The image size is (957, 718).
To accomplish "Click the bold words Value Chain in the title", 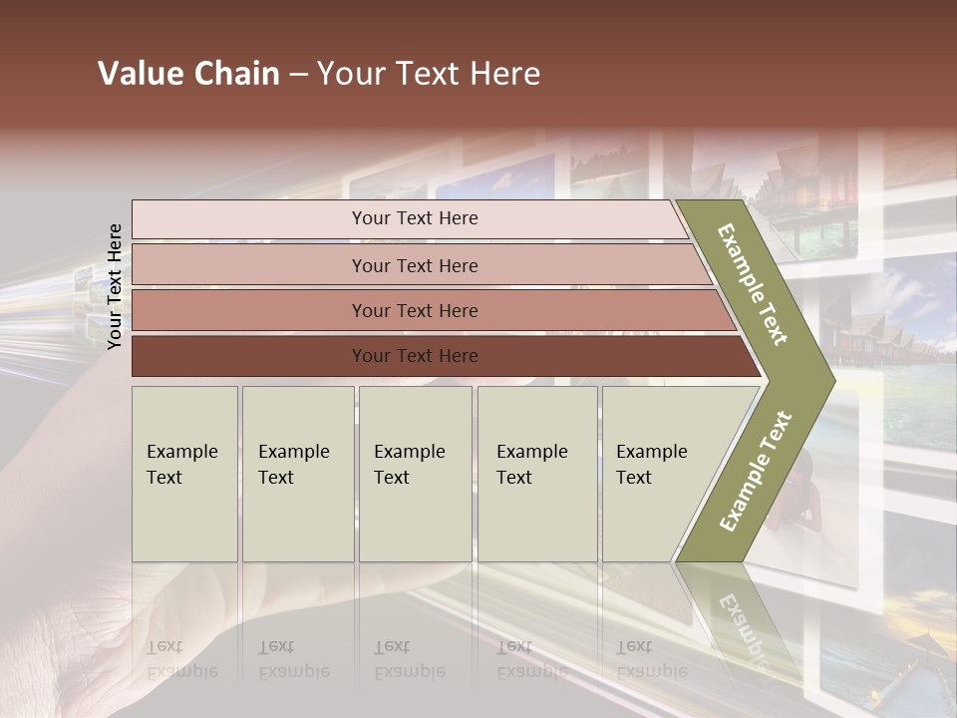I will tap(188, 74).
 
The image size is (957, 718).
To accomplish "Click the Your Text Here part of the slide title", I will tap(429, 74).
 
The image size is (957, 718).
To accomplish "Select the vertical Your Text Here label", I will tap(115, 286).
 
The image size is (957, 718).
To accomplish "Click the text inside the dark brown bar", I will tap(415, 356).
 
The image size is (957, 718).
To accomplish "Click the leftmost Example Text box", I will tap(184, 474).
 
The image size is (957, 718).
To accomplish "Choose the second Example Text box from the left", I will tap(297, 474).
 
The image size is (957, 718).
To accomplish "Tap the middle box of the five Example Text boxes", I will tap(415, 474).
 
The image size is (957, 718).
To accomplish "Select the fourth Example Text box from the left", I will tap(536, 474).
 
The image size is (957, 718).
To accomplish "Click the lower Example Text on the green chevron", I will tap(756, 472).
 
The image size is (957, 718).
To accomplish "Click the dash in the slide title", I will tap(298, 75).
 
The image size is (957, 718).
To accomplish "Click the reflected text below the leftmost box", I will tap(182, 659).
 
